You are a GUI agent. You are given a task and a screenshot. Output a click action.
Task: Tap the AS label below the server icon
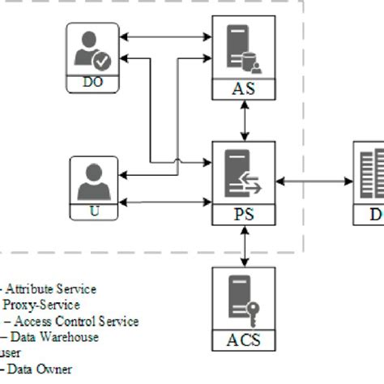[x=243, y=89]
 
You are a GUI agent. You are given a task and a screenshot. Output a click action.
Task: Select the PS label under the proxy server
[x=243, y=216]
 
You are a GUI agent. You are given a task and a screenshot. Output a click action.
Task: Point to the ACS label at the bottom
[x=243, y=340]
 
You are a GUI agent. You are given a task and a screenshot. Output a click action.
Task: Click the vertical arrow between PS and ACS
[x=243, y=247]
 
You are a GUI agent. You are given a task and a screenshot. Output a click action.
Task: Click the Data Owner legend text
[x=41, y=369]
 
